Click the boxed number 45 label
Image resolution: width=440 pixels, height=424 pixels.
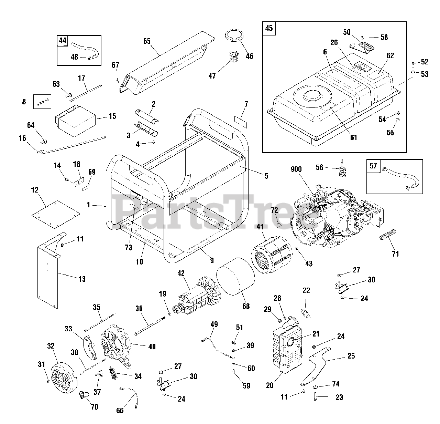coord(269,28)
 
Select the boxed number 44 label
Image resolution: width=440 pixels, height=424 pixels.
coord(62,41)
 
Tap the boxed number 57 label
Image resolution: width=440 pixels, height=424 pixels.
coord(373,166)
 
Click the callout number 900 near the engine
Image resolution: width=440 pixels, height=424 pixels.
coord(296,169)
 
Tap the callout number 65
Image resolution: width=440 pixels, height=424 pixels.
coord(147,41)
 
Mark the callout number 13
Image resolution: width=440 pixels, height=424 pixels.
coord(82,279)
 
